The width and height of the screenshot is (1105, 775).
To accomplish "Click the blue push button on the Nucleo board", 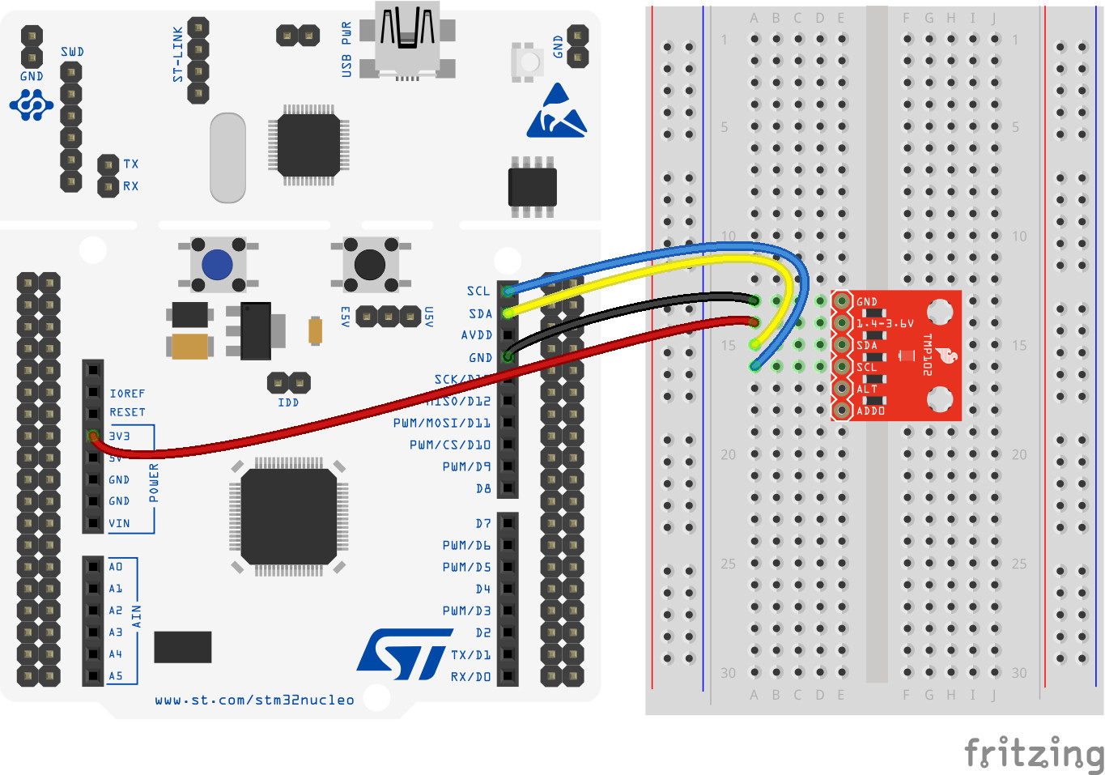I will point(217,264).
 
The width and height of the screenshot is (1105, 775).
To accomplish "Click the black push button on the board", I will point(370,264).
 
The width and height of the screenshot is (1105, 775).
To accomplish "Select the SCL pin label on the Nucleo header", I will point(478,291).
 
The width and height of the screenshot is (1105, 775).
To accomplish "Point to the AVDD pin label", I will point(476,334).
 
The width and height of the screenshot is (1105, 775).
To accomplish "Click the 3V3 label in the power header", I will point(119,436).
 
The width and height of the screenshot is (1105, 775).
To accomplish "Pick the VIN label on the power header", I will point(119,523).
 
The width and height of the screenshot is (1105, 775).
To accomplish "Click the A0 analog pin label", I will point(116,566).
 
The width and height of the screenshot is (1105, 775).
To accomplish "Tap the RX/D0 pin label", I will point(470,676).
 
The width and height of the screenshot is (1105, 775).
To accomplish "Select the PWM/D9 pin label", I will point(466,466).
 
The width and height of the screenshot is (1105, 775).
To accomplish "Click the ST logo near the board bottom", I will point(402,654).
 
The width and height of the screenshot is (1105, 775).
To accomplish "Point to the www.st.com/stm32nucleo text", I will point(254,700).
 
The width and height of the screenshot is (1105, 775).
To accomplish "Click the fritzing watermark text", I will point(1034,753).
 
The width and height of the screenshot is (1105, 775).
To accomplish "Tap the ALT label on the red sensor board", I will point(867,389).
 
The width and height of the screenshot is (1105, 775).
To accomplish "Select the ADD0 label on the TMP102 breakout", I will point(870,411).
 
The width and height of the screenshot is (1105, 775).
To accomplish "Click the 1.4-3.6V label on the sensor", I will point(885,323).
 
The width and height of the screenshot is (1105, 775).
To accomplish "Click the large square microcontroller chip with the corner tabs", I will point(288,516).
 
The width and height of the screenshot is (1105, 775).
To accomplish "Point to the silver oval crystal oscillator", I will point(227,158).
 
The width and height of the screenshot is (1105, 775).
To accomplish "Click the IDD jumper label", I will point(288,402).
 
